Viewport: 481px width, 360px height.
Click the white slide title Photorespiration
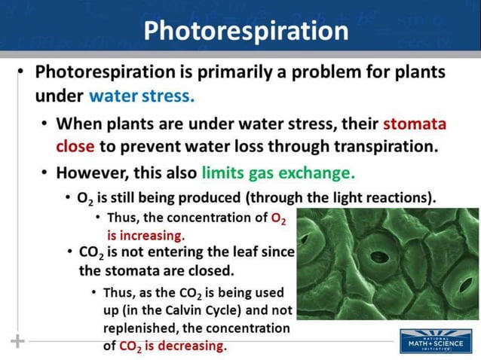[x=246, y=30]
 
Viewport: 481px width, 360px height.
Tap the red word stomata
[x=415, y=124]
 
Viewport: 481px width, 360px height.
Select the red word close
[x=75, y=146]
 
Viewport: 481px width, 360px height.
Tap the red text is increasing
[x=146, y=234]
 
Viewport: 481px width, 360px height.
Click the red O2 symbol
[x=279, y=218]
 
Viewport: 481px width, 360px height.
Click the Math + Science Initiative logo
[x=436, y=341]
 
